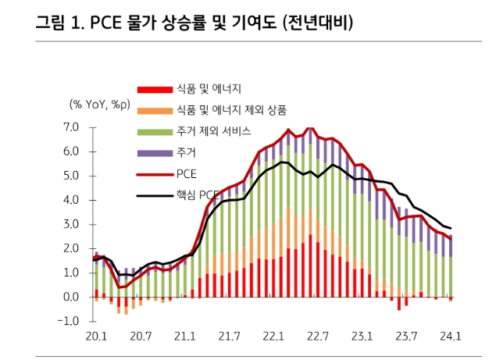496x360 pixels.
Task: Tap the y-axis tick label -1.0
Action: pos(69,321)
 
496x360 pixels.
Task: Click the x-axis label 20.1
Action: pos(96,337)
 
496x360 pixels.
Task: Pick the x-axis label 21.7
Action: pos(229,337)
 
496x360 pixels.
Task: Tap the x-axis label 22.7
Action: pos(317,337)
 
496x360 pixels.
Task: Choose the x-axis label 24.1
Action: pos(450,337)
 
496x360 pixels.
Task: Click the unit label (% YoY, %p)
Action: pos(99,105)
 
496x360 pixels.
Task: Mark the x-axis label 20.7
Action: pos(141,337)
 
